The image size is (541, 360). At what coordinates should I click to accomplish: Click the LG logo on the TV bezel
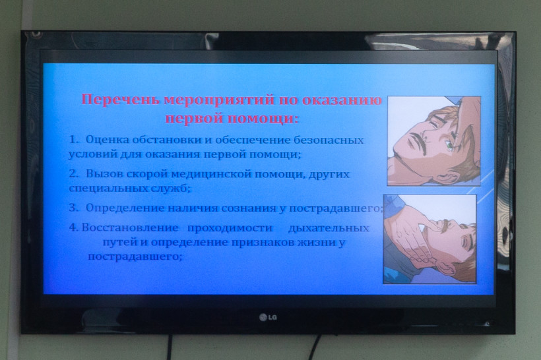[268, 317]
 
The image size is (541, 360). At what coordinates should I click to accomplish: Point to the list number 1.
[74, 140]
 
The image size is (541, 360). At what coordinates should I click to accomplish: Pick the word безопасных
[329, 140]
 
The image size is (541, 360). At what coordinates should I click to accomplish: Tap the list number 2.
[73, 173]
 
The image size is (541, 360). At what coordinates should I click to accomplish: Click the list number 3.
[73, 208]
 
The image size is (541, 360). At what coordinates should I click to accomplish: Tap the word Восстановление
[130, 228]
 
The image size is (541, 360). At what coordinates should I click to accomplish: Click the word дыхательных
[329, 228]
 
